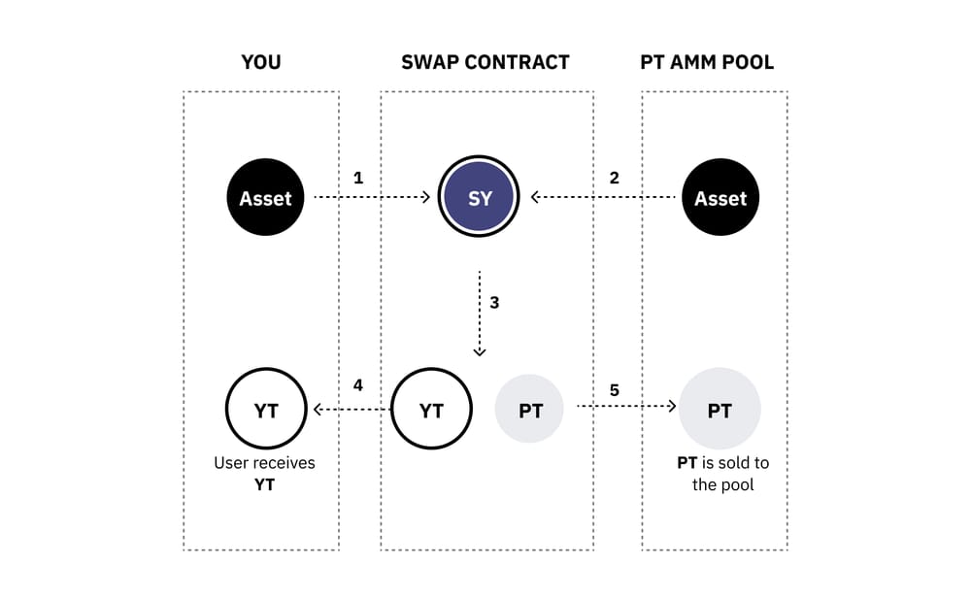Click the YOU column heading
click(261, 63)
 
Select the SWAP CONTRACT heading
click(485, 63)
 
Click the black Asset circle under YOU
click(265, 198)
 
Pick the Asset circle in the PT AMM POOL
click(720, 198)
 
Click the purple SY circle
click(480, 198)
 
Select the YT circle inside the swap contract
click(431, 411)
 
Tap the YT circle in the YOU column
click(265, 411)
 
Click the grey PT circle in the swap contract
click(530, 411)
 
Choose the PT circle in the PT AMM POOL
click(720, 411)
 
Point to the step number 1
click(358, 179)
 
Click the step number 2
click(614, 179)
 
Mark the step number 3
click(494, 303)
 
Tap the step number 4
click(358, 385)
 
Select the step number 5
click(614, 390)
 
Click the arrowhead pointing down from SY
click(480, 351)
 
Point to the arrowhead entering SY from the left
click(424, 197)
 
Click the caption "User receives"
click(264, 463)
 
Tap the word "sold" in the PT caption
click(737, 463)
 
